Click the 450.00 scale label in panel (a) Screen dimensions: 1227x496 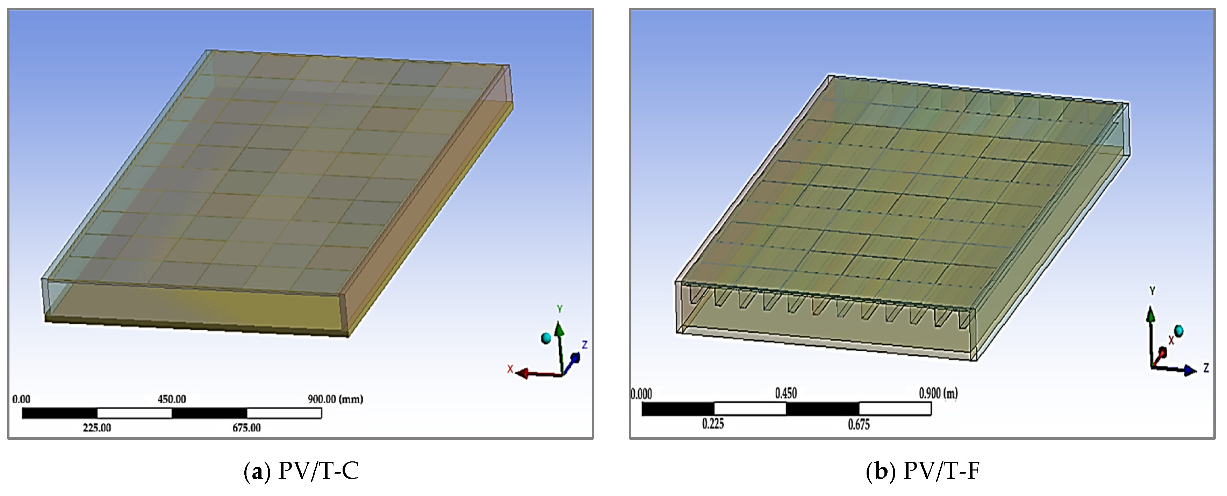tap(172, 399)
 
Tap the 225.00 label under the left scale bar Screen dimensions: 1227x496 tap(97, 427)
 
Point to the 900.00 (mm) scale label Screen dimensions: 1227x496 tap(335, 399)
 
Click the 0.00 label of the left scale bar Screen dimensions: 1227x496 tap(21, 399)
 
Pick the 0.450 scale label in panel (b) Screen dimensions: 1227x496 tap(785, 393)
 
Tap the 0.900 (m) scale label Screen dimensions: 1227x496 tap(938, 393)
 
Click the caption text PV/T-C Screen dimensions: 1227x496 tap(318, 471)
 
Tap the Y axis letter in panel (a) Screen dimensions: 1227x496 tap(560, 309)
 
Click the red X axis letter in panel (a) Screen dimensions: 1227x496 tap(510, 369)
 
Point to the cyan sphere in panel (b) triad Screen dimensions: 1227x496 tap(1178, 330)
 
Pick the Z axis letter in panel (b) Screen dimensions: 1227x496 tap(1206, 368)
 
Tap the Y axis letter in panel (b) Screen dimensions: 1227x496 tap(1152, 290)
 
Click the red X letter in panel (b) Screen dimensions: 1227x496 tap(1171, 340)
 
